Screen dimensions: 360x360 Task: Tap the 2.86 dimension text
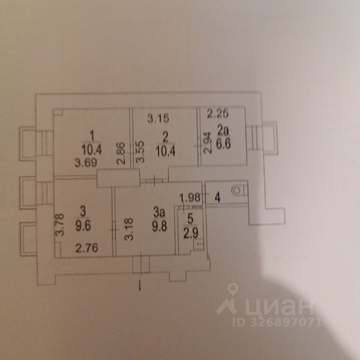(x=122, y=153)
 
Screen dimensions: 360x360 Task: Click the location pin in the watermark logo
(x=233, y=290)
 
